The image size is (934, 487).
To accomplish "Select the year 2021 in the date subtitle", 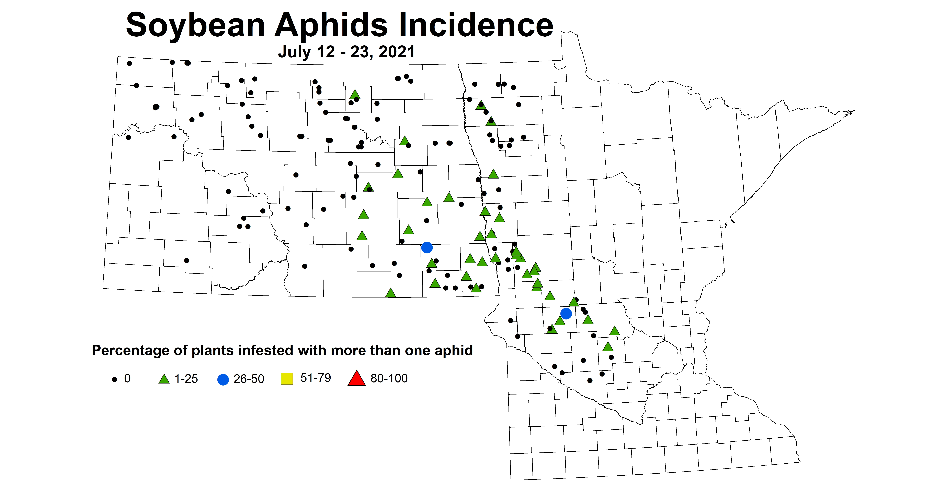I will (x=397, y=52).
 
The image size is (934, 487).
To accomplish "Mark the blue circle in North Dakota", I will (x=427, y=248).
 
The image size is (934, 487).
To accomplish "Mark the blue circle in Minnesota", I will (x=566, y=313).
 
